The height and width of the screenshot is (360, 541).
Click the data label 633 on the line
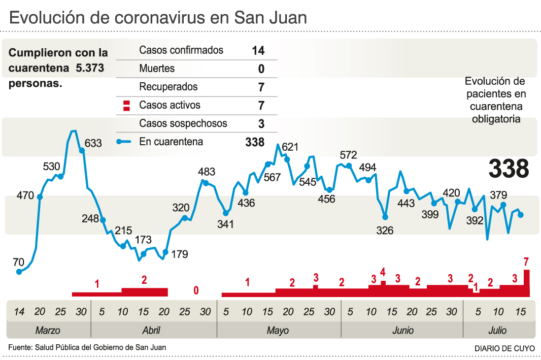tap(93, 143)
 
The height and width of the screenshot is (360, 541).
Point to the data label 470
tap(25, 195)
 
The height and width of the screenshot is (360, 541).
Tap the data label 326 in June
tap(385, 231)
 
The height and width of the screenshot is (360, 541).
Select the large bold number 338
tap(509, 168)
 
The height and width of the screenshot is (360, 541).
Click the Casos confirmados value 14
tap(258, 50)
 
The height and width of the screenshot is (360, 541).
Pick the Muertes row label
tap(157, 69)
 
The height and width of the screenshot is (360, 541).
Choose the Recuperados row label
tap(168, 87)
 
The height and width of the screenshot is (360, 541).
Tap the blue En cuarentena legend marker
tap(124, 142)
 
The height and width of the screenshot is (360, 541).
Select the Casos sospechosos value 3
tap(261, 123)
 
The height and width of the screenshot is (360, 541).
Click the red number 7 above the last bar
tap(526, 262)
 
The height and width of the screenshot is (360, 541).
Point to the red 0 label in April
tap(196, 291)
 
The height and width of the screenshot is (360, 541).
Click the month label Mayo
tap(278, 331)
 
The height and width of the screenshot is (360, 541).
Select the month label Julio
tap(497, 331)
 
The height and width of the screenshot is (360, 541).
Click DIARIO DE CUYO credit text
tap(504, 348)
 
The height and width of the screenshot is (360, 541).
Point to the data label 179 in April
tap(179, 254)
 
